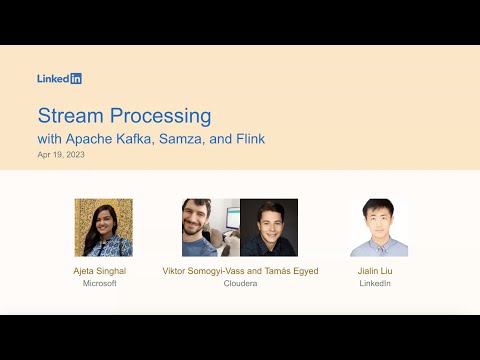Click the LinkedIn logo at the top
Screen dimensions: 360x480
pos(59,78)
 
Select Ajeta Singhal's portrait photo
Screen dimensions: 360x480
pos(103,227)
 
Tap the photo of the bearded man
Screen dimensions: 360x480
pos(210,227)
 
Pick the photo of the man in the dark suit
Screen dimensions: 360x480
pos(269,227)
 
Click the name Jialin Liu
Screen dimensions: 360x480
pos(374,271)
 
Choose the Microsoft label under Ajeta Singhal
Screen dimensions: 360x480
pos(100,284)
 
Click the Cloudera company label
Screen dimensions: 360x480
pos(239,284)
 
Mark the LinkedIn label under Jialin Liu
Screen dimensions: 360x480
pos(374,284)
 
